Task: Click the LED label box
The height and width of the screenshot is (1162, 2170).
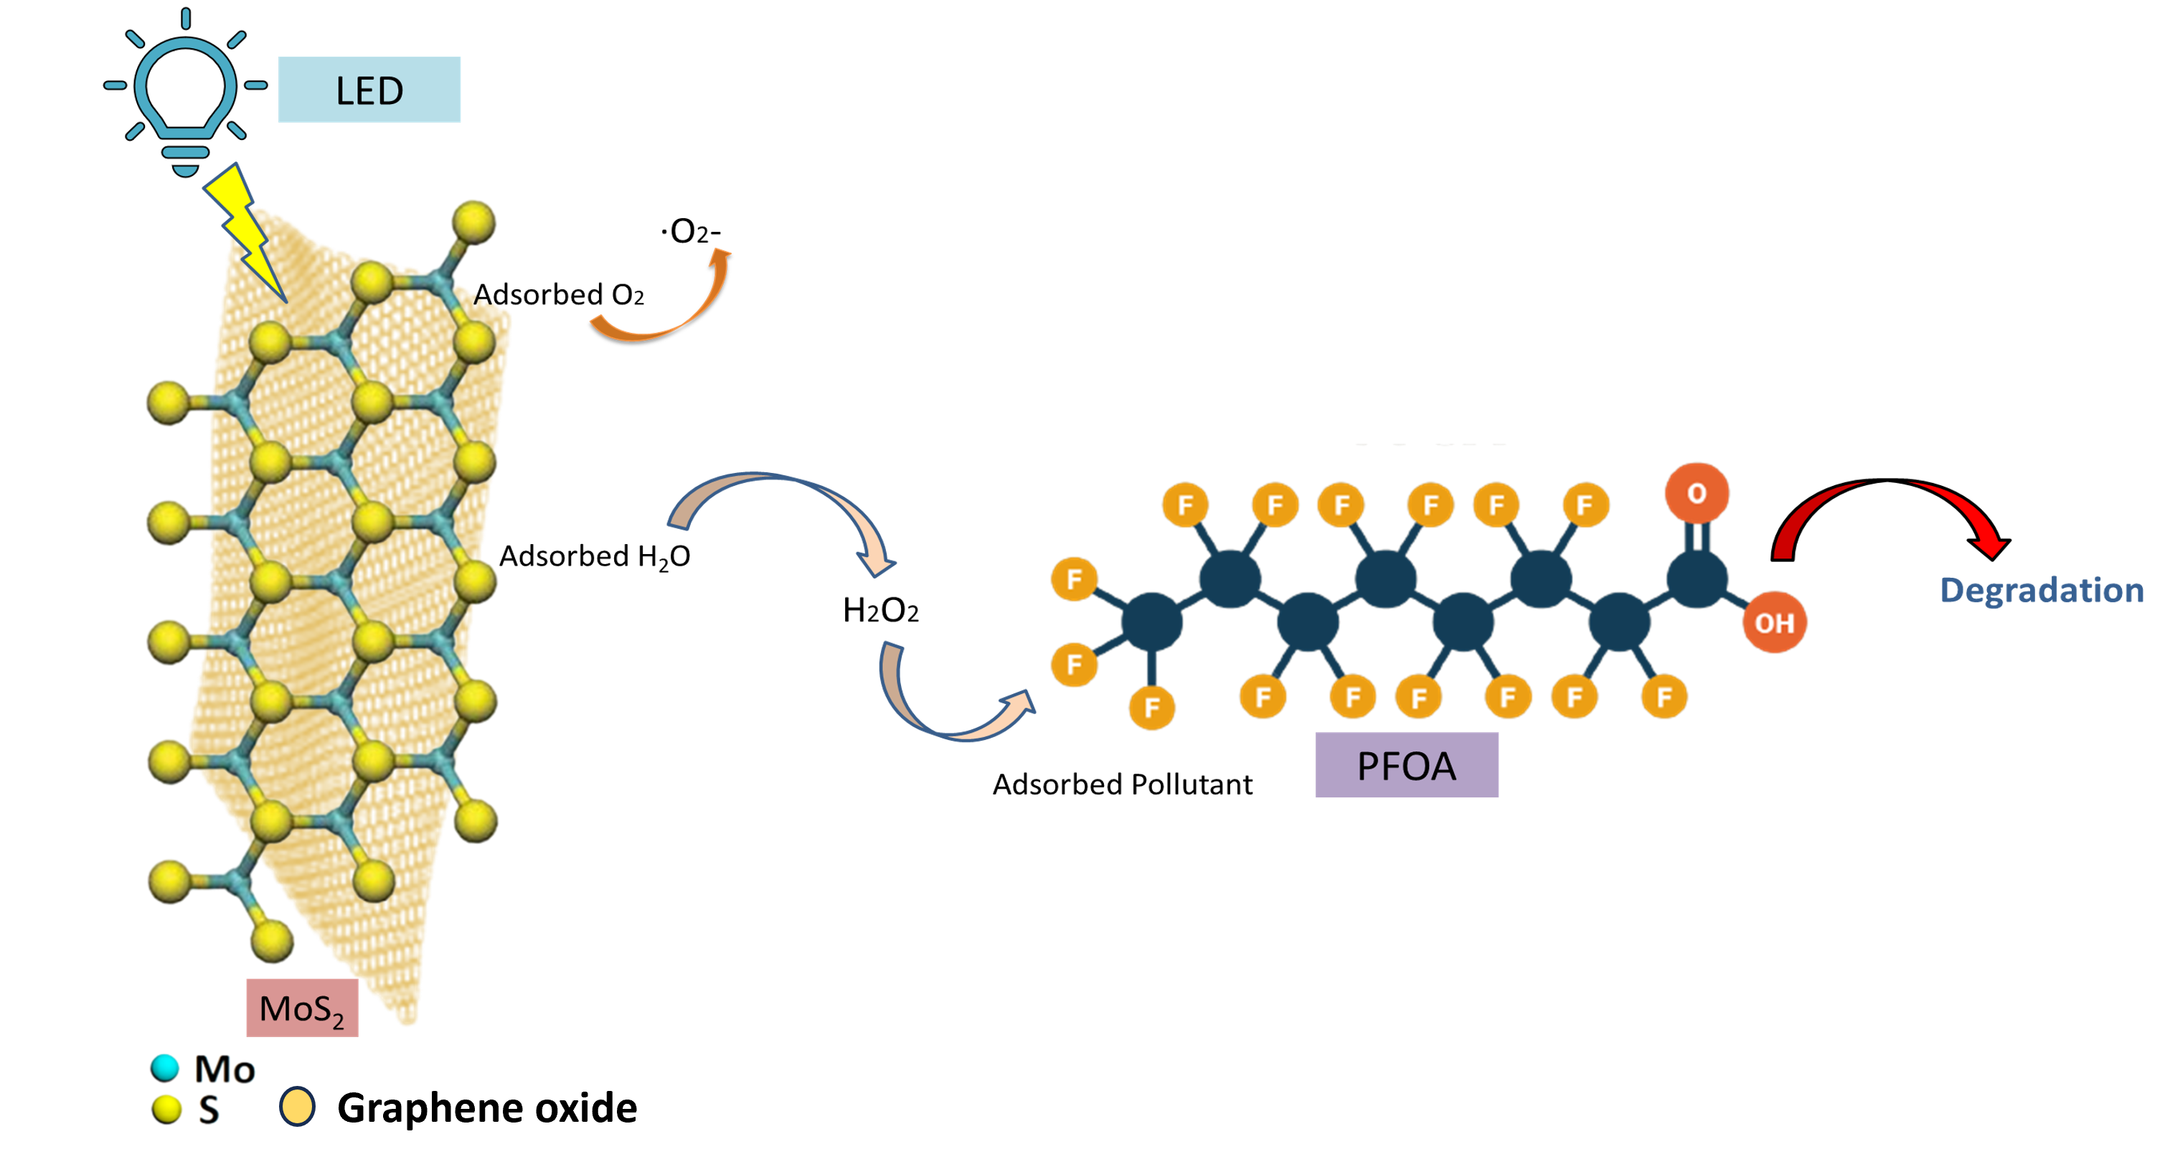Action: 369,89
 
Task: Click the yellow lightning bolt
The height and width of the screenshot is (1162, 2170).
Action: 245,228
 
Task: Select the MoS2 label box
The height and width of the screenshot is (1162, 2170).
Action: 301,1007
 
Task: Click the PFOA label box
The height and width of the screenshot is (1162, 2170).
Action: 1407,765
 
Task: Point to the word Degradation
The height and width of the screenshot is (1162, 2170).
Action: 2041,590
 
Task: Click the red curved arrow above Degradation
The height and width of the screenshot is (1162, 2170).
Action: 1887,514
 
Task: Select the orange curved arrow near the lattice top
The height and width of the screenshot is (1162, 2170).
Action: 666,308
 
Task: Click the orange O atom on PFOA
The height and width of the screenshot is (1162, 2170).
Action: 1697,493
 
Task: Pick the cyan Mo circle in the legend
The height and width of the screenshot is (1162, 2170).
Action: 165,1068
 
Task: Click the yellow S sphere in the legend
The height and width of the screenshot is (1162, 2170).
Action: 167,1109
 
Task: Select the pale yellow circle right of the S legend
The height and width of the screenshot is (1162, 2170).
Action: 296,1107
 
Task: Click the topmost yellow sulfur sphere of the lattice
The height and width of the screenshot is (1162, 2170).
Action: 473,222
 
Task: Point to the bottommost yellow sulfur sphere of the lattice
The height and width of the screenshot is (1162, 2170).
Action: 272,940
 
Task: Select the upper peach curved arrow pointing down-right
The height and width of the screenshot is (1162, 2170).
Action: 783,514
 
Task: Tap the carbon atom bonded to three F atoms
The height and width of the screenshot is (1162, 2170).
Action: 1151,622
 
